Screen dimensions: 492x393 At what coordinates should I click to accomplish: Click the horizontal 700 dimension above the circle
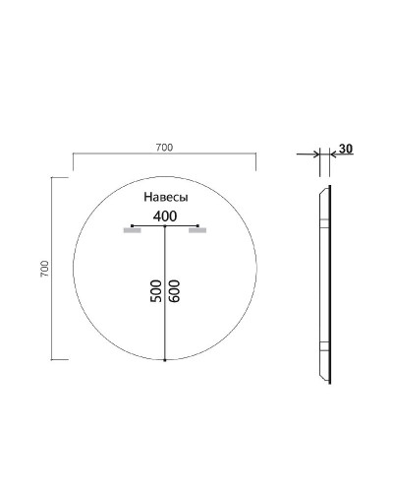(x=164, y=148)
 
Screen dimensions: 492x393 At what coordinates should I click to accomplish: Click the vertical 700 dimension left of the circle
(x=44, y=269)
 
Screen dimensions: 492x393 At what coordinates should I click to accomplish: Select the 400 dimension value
(x=164, y=215)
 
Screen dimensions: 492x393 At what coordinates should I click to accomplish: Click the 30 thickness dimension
(x=345, y=149)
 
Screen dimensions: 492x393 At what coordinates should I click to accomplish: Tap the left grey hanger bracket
(x=132, y=231)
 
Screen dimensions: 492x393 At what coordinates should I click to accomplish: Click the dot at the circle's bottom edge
(x=164, y=360)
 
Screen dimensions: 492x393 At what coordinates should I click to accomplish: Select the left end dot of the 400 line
(x=132, y=226)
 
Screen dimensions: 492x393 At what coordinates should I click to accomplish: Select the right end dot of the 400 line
(x=197, y=226)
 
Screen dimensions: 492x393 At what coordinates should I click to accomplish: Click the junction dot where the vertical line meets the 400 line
(x=164, y=226)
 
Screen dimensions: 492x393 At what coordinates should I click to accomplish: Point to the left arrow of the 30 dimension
(x=316, y=154)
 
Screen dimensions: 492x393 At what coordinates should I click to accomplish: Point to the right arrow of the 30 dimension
(x=333, y=154)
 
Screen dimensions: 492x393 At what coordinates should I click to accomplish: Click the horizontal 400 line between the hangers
(x=182, y=226)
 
